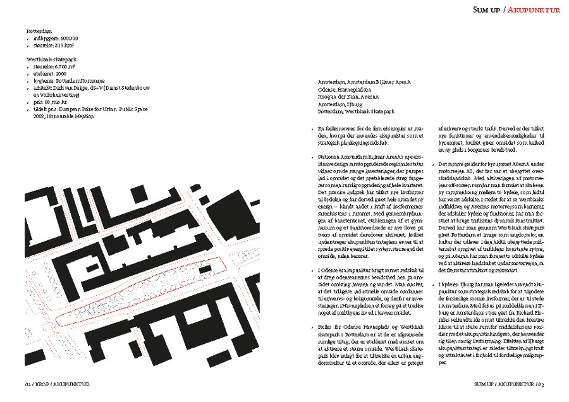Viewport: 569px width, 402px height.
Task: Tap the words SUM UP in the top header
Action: coord(487,9)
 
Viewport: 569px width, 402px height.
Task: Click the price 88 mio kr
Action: coord(54,102)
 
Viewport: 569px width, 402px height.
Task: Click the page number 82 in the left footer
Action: coord(30,383)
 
